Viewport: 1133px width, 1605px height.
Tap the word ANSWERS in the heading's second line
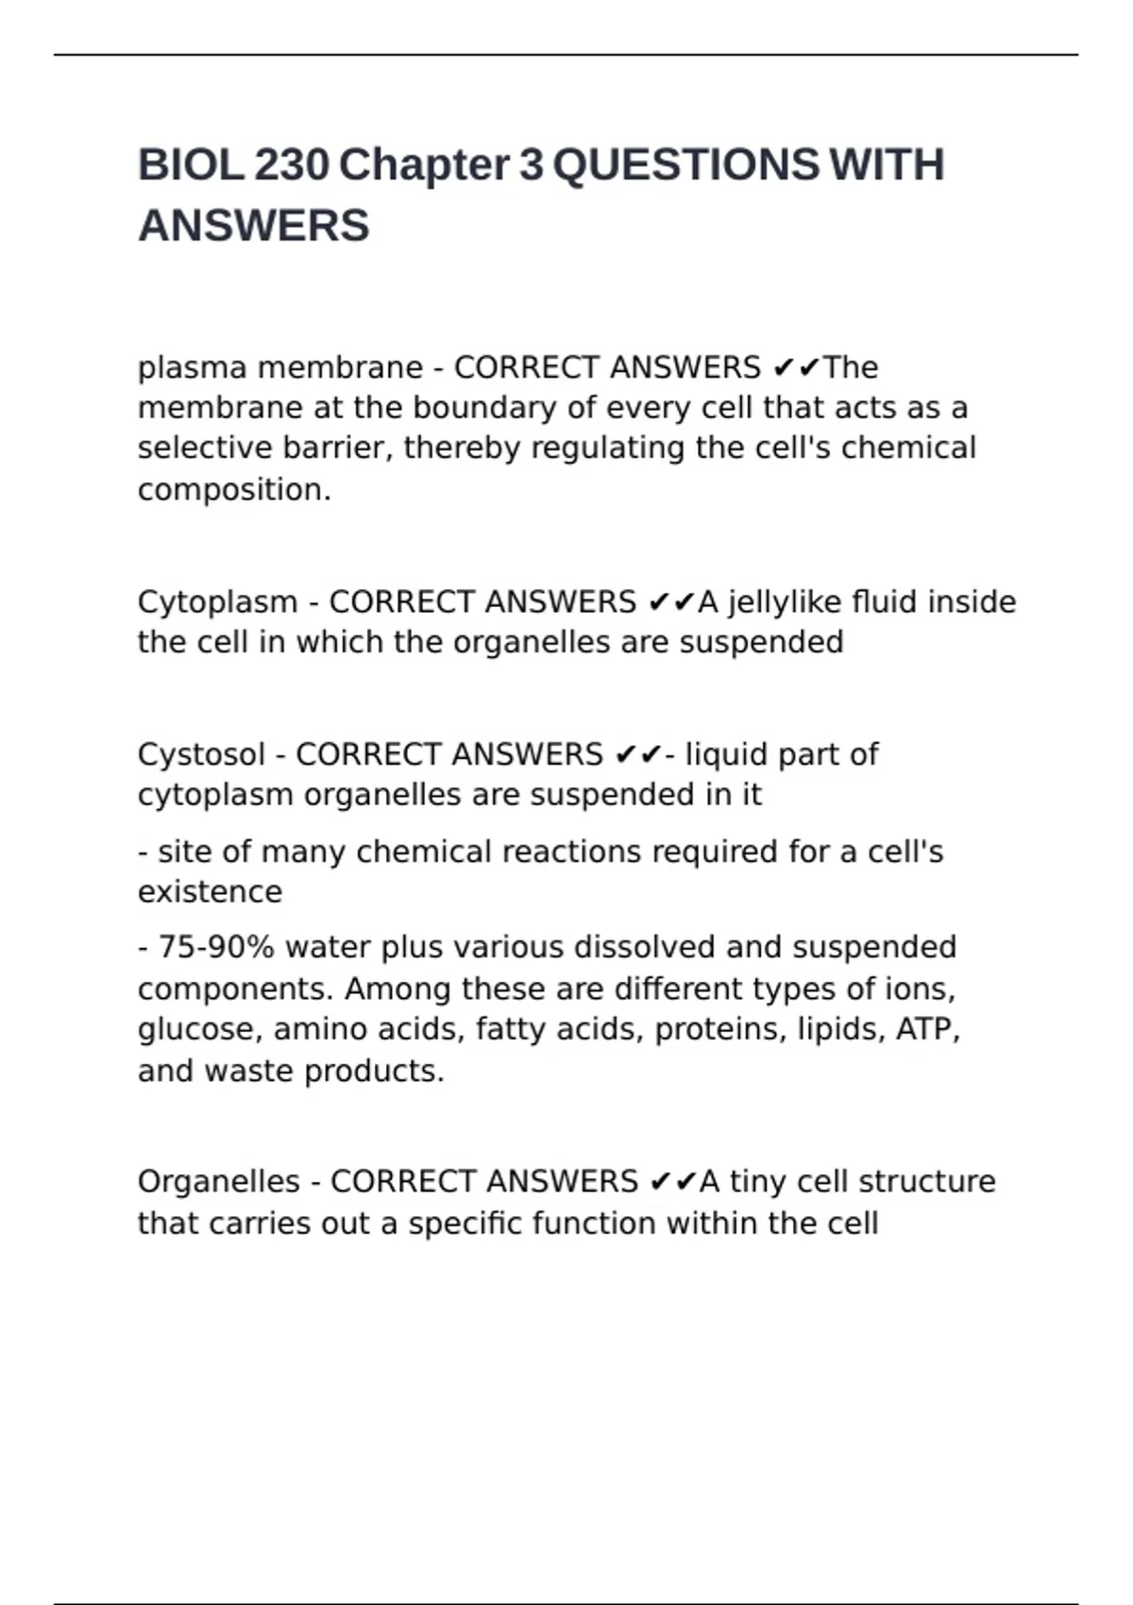pyautogui.click(x=253, y=226)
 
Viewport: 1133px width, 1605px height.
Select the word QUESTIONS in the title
pyautogui.click(x=685, y=165)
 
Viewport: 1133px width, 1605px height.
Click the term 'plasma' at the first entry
pyautogui.click(x=192, y=367)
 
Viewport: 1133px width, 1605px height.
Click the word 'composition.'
pyautogui.click(x=234, y=490)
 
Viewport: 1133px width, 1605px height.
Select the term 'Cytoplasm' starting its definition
pyautogui.click(x=217, y=601)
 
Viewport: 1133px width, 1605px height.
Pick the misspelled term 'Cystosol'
pyautogui.click(x=201, y=754)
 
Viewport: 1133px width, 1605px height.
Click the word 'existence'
pyautogui.click(x=210, y=891)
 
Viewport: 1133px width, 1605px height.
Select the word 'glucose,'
pyautogui.click(x=199, y=1029)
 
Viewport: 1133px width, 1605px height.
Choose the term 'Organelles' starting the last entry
pyautogui.click(x=218, y=1181)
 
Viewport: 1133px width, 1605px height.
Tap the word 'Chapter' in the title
pyautogui.click(x=424, y=165)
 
